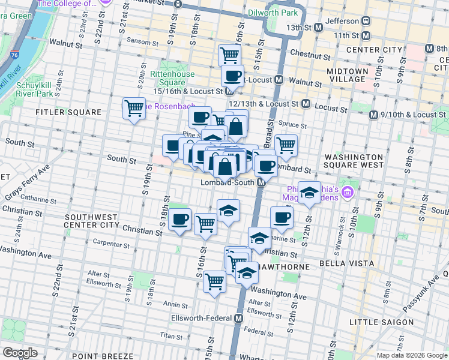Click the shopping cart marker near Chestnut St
(x=229, y=55)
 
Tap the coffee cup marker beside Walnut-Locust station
(x=232, y=76)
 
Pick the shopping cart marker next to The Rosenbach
(x=133, y=108)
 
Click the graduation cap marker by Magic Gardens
(x=309, y=192)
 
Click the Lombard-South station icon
(x=261, y=182)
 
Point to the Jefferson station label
(x=341, y=20)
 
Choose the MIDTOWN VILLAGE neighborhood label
(x=347, y=75)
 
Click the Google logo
(x=20, y=353)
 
